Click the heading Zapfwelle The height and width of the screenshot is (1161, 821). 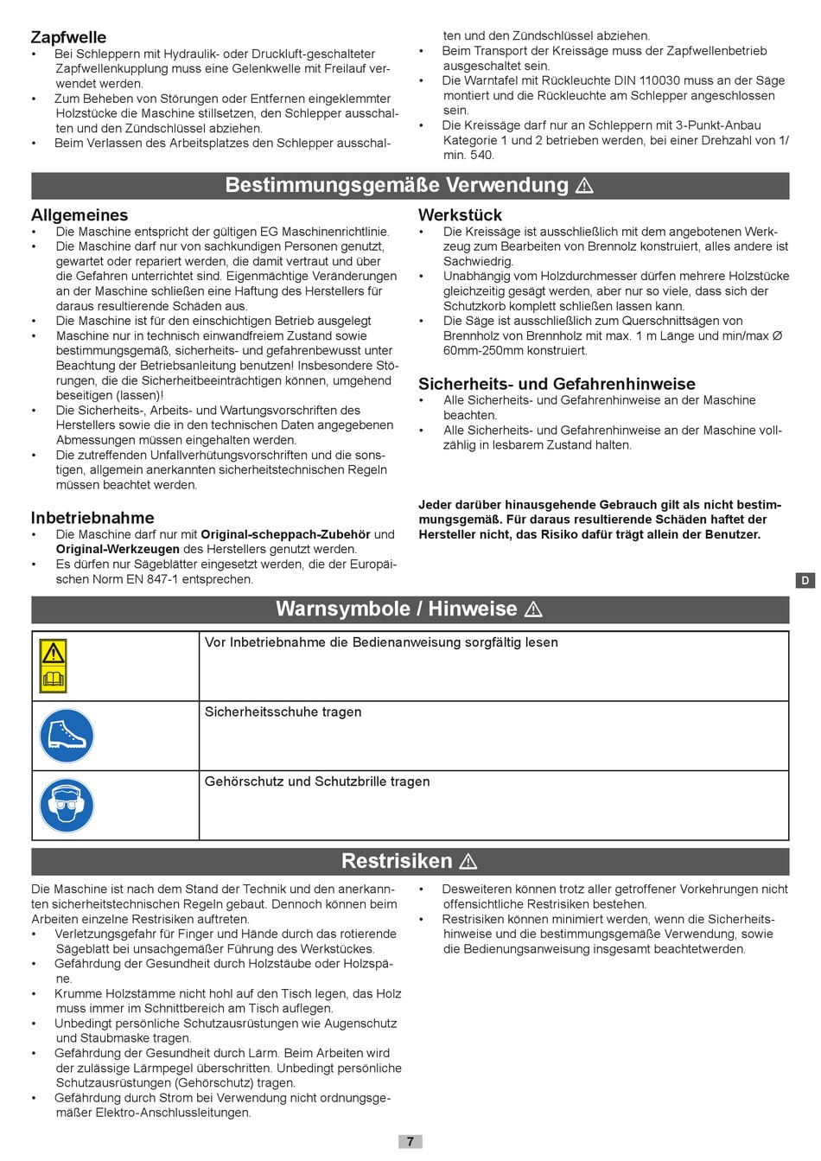click(x=68, y=37)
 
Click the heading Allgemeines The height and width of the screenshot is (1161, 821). click(x=80, y=215)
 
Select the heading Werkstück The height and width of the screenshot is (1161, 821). click(x=460, y=215)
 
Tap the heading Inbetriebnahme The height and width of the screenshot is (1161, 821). click(x=92, y=518)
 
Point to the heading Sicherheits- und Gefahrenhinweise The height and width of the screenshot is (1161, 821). click(x=557, y=384)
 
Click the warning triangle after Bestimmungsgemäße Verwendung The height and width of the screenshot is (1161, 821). click(x=585, y=186)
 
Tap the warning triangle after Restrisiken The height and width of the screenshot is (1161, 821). click(x=468, y=861)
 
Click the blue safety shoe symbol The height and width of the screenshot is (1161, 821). click(x=67, y=736)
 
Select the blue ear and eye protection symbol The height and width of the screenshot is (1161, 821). click(x=67, y=806)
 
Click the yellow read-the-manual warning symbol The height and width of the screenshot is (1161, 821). click(x=54, y=667)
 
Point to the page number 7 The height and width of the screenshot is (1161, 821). click(x=410, y=1141)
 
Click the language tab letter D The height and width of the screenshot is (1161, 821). click(x=805, y=580)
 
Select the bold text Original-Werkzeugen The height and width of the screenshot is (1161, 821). click(x=118, y=549)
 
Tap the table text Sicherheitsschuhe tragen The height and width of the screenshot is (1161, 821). click(x=283, y=712)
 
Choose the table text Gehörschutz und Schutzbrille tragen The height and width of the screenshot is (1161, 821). click(x=317, y=781)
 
